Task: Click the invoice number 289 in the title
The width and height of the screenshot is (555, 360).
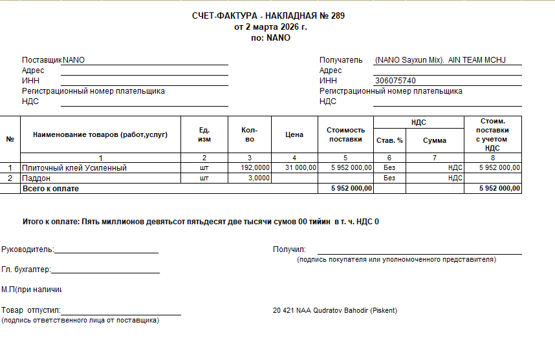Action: click(x=338, y=16)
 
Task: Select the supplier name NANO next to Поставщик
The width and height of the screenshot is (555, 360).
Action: click(x=74, y=60)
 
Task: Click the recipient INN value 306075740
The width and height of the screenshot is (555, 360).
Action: click(x=395, y=81)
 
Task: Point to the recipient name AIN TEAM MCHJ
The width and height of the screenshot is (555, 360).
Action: click(x=477, y=60)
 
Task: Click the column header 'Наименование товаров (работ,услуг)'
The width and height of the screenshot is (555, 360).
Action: click(x=100, y=134)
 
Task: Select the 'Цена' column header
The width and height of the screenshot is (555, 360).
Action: click(x=294, y=134)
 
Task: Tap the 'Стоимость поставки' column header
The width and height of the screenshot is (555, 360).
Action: click(x=345, y=134)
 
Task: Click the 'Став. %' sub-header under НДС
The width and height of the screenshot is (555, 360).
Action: click(x=389, y=140)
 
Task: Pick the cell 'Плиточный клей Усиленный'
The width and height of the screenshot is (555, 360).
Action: click(x=74, y=167)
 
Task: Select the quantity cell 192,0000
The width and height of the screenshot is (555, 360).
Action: click(x=255, y=167)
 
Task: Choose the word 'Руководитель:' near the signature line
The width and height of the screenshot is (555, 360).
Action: click(x=28, y=249)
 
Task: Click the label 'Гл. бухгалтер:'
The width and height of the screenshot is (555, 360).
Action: click(x=26, y=270)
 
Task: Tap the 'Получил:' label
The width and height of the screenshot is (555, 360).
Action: click(x=289, y=249)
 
